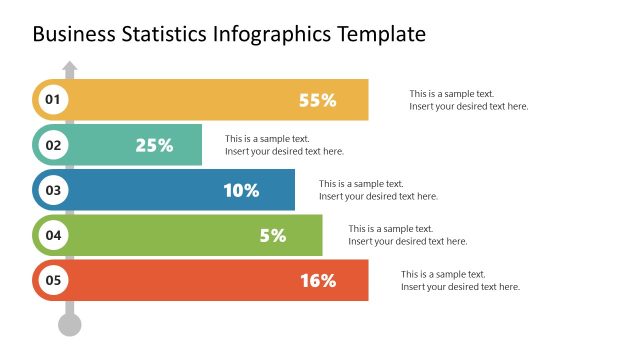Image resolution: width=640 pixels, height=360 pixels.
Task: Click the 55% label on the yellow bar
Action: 318,100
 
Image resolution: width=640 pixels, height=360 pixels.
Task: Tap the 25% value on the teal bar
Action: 154,145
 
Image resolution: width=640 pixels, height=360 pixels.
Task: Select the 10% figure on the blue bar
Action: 241,190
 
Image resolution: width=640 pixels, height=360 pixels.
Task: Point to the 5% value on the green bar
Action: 272,236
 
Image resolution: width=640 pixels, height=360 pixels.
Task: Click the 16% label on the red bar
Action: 318,281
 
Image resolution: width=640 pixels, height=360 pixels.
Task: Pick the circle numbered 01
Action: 52,99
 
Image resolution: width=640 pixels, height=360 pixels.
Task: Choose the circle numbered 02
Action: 52,145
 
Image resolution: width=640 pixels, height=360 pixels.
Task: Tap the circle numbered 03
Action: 52,190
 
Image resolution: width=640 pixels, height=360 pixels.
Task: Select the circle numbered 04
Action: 52,236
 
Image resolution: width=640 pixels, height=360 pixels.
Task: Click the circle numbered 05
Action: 52,281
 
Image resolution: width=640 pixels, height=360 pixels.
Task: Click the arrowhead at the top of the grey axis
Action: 69,68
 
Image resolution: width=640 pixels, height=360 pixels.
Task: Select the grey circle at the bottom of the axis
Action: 69,324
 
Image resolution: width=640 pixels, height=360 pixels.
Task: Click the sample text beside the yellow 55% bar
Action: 468,100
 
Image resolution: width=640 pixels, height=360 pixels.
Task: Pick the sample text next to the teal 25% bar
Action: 284,145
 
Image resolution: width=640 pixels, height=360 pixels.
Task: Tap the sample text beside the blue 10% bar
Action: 378,190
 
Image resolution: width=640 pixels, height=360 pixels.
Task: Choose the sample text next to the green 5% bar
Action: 407,235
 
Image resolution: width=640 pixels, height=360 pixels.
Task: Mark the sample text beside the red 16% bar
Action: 460,281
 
